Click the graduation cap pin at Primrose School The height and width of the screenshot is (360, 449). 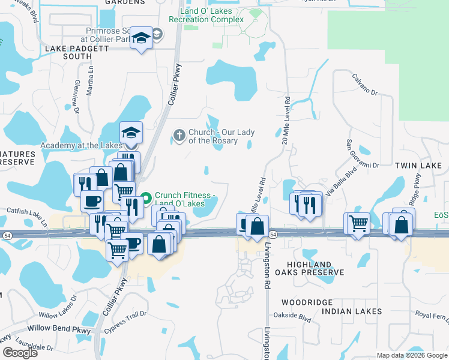coord(142,38)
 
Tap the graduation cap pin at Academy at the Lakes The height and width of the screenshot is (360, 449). coord(130,133)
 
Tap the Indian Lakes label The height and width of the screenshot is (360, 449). coord(352,311)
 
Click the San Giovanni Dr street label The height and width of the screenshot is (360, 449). coord(362,154)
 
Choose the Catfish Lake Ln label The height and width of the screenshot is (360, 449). coord(24,211)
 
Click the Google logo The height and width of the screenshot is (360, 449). coord(20,353)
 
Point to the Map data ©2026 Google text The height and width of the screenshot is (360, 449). coord(411,355)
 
